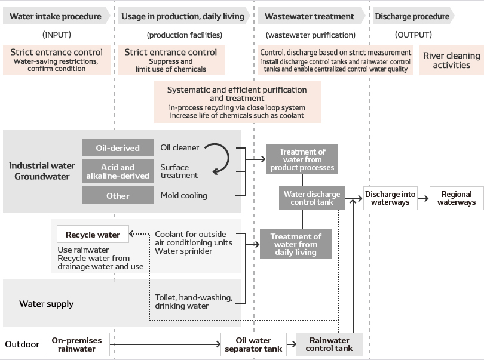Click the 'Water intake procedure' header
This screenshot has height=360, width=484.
pos(56,16)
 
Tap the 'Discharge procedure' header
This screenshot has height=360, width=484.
pos(412,16)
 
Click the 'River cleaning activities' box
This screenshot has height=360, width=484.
pos(451,60)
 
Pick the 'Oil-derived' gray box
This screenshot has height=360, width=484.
pos(118,148)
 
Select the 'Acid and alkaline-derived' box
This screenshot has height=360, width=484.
pos(118,171)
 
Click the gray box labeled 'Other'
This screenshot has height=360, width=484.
pos(118,196)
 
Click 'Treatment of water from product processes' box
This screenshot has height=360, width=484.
pos(302,159)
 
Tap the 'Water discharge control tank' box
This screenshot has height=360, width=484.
pos(311,198)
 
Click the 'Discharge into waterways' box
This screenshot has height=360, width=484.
pos(390,198)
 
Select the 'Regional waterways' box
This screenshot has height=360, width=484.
pos(457,198)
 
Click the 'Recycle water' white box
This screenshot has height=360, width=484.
pos(93,235)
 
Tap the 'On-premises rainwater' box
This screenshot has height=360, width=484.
pos(76,344)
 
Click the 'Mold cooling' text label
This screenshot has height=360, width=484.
pos(183,195)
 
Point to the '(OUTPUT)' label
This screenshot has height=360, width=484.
pos(412,35)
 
